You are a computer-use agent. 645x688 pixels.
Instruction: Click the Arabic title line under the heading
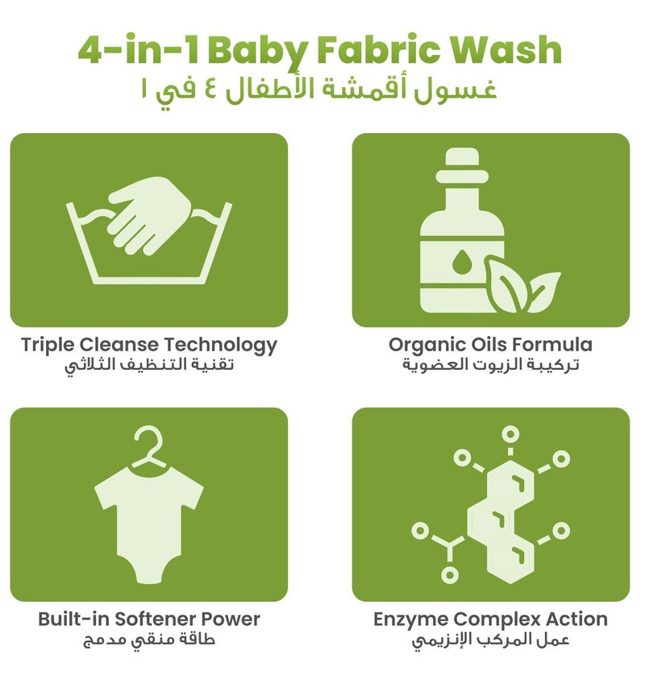pos(319,91)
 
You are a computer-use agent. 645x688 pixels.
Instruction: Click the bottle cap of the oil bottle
pos(461,166)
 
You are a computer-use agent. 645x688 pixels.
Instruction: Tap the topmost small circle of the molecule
pos(510,434)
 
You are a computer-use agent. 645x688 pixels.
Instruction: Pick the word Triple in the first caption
pos(48,346)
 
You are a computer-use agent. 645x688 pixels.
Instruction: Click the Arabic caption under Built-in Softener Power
pos(149,640)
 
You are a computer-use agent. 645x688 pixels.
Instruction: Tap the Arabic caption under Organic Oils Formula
pos(491,365)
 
